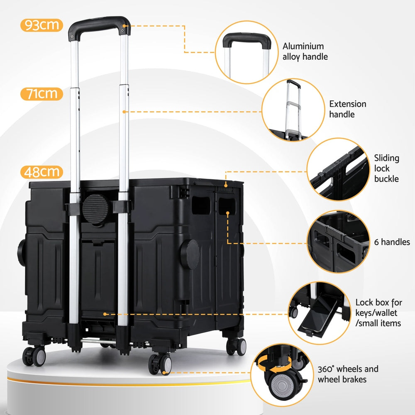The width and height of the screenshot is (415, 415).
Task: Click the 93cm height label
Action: click(x=41, y=25)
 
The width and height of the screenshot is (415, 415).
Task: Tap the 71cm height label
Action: click(x=41, y=94)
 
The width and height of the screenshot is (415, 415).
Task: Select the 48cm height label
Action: click(x=41, y=171)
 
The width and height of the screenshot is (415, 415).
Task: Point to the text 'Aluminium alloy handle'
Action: click(x=305, y=51)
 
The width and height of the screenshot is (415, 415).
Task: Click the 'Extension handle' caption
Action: click(x=348, y=109)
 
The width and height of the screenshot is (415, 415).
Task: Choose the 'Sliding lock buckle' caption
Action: click(x=386, y=168)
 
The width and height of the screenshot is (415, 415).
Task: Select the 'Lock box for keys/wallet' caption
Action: click(x=378, y=312)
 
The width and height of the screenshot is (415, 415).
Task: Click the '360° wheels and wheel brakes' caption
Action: click(x=348, y=374)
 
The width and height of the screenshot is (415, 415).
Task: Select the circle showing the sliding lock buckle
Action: click(x=338, y=169)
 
